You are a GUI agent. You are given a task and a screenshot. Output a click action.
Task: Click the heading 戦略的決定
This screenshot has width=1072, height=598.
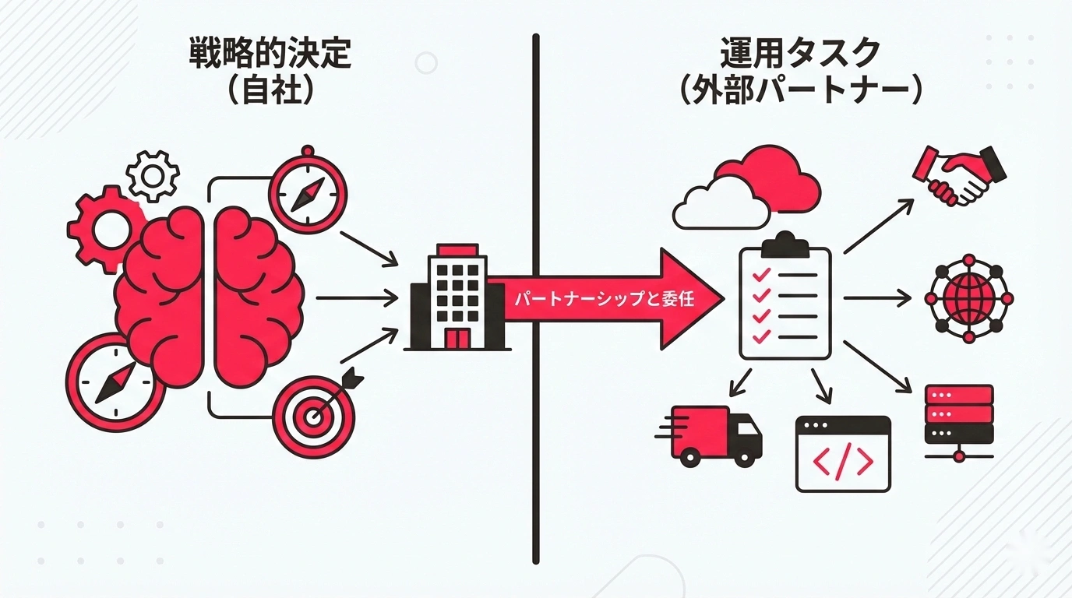pyautogui.click(x=270, y=54)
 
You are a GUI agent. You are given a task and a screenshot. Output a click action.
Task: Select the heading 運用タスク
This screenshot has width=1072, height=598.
pyautogui.click(x=801, y=54)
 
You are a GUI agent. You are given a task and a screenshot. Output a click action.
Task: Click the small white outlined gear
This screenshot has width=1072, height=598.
pyautogui.click(x=153, y=176)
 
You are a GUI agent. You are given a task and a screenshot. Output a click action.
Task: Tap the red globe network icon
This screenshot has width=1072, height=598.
pyautogui.click(x=969, y=297)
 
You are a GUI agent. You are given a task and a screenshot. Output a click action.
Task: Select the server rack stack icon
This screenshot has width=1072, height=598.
pyautogui.click(x=958, y=420)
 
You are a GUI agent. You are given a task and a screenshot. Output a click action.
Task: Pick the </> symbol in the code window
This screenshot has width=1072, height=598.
pyautogui.click(x=843, y=462)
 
